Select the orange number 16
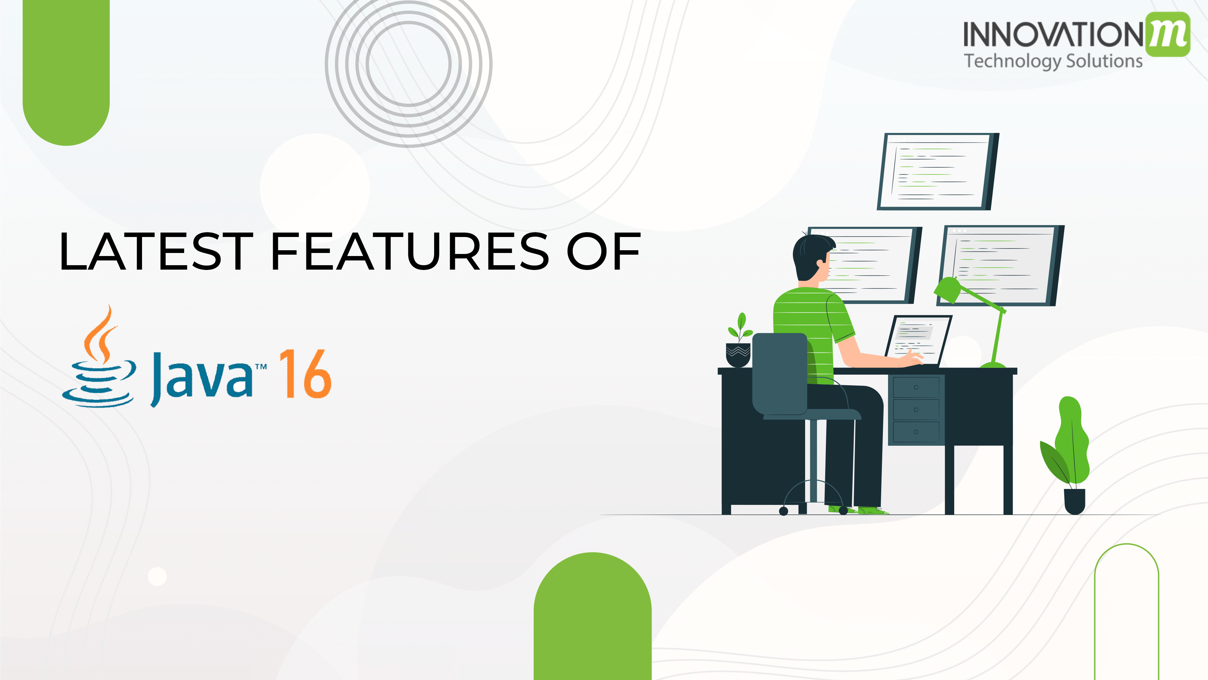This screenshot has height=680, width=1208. coord(305,374)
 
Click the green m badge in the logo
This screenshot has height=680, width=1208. coord(1167,34)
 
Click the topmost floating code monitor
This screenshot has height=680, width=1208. coord(938,171)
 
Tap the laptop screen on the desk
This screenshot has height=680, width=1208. coord(918,339)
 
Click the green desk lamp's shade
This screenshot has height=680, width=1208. coord(947,290)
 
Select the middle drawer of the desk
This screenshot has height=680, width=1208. coord(916,410)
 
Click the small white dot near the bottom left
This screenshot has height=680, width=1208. coord(157,576)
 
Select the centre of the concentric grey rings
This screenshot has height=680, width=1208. coord(408,64)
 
